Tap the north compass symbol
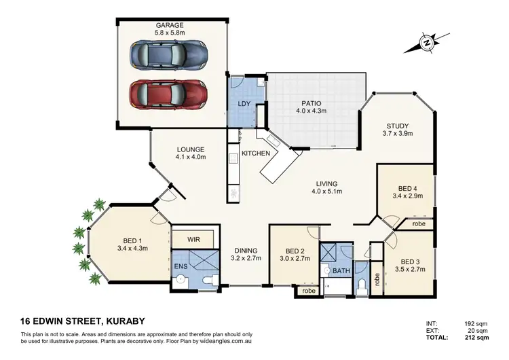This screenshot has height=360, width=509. (426, 43)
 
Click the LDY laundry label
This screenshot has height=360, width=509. (245, 103)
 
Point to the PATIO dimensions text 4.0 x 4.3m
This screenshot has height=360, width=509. (314, 110)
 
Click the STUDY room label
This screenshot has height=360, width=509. (397, 126)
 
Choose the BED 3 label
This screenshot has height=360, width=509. (412, 262)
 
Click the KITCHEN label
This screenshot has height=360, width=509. (257, 154)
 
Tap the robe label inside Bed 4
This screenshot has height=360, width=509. (419, 223)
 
